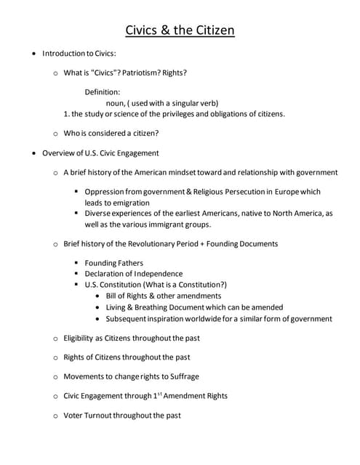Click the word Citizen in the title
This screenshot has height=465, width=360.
[211, 31]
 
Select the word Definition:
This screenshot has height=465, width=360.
[103, 92]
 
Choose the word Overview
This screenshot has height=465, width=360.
[59, 153]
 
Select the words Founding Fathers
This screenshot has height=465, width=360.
[114, 263]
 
